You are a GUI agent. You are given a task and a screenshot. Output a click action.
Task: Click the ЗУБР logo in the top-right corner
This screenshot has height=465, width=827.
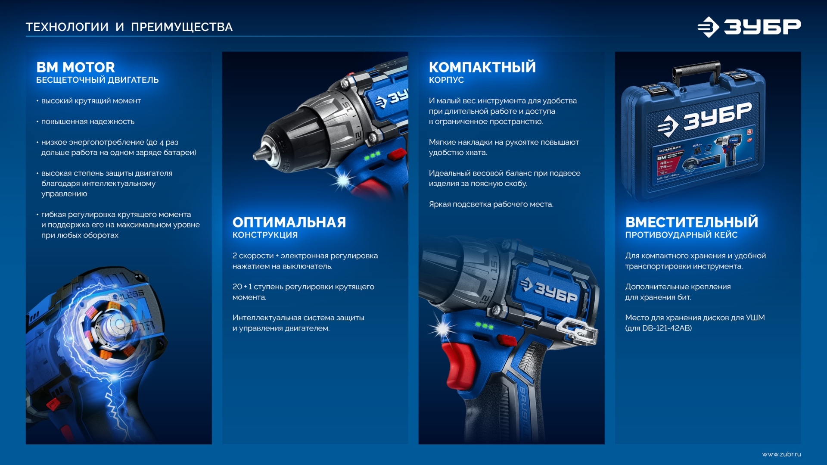(749, 27)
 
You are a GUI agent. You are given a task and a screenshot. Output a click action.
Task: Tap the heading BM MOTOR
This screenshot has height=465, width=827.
(76, 67)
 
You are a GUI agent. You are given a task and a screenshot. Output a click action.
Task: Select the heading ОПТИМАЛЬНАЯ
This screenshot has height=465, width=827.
(289, 222)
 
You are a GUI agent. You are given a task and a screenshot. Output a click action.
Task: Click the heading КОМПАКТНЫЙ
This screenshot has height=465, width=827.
(482, 67)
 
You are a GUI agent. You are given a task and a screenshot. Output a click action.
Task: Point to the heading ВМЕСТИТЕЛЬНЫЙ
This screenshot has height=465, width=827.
(691, 222)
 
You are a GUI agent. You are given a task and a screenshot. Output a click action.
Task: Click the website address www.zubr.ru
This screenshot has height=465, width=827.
(781, 454)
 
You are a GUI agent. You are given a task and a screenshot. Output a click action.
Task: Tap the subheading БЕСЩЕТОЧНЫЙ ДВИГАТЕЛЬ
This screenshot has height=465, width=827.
(97, 80)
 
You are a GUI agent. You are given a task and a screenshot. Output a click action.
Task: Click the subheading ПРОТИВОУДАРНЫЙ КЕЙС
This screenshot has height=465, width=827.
(681, 235)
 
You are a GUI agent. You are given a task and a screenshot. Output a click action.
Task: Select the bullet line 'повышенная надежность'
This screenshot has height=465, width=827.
(88, 122)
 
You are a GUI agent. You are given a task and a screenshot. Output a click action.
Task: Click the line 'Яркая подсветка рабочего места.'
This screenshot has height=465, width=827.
(491, 204)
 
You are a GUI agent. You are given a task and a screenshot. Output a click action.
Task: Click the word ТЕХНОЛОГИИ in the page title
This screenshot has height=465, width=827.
(67, 27)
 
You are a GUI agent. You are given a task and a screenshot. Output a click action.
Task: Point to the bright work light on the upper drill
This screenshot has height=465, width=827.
(343, 180)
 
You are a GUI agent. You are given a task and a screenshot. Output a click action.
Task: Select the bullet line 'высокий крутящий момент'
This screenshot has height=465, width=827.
(91, 101)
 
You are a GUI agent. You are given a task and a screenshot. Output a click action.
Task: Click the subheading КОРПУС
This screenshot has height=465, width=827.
(446, 80)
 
